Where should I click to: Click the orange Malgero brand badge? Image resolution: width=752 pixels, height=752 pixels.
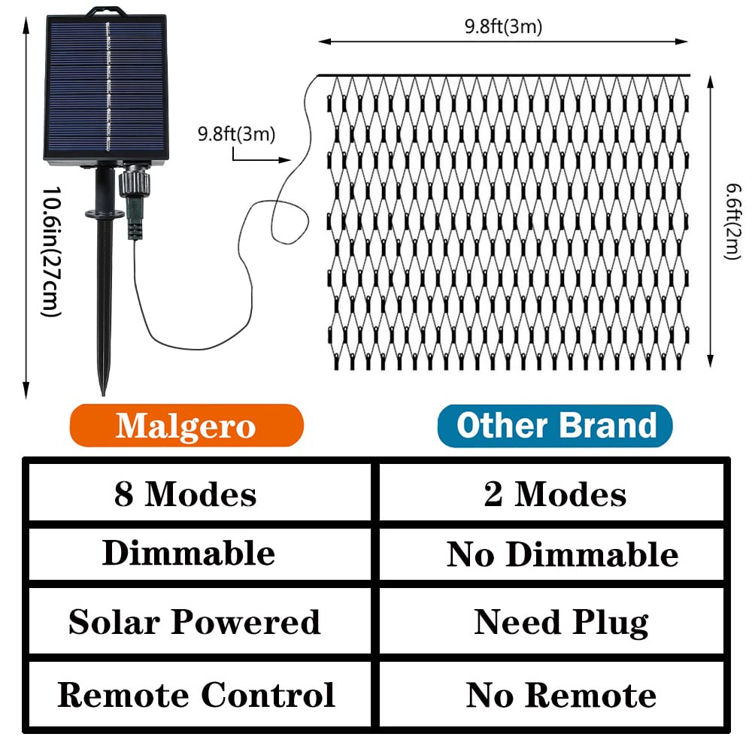point(186,426)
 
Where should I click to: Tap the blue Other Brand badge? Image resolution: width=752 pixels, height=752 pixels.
point(555,426)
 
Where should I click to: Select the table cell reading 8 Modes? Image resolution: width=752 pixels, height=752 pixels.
point(186,495)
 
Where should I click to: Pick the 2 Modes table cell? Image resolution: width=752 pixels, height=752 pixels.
point(556,495)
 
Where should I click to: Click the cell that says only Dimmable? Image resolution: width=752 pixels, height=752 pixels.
point(189,553)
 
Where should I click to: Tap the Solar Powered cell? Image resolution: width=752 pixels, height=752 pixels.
point(194,622)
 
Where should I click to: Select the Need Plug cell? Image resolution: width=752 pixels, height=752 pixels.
point(561,623)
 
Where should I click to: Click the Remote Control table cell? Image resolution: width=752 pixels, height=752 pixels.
point(196,695)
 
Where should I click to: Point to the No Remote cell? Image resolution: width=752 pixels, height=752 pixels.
point(561,696)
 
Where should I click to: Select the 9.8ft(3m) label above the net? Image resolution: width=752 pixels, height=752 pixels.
point(503,27)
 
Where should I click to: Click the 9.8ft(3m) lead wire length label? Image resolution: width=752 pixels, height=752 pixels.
point(236,135)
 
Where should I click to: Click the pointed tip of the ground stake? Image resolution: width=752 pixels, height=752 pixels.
point(103,390)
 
